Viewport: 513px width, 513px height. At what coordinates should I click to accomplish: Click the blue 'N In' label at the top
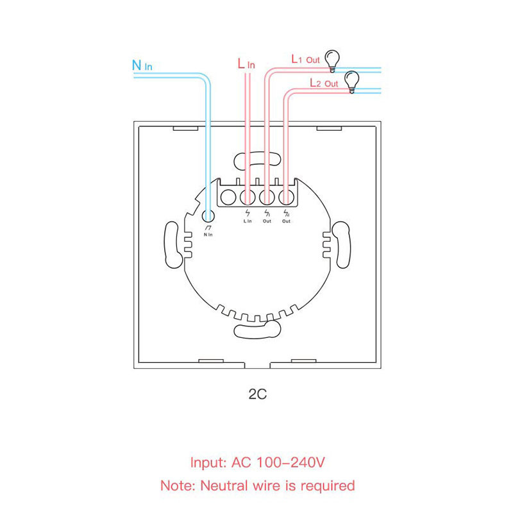(x=142, y=65)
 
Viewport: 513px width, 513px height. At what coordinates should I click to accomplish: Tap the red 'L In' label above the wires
(x=246, y=63)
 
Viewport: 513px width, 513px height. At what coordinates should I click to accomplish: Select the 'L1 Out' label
(x=305, y=59)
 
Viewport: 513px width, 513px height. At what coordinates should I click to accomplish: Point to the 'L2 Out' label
(x=324, y=83)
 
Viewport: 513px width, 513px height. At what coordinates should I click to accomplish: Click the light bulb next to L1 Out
(x=332, y=61)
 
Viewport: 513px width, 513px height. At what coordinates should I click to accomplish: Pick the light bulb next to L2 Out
(x=351, y=82)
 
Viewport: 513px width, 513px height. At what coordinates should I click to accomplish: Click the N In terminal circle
(x=208, y=216)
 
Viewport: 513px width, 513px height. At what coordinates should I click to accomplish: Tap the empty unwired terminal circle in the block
(x=228, y=198)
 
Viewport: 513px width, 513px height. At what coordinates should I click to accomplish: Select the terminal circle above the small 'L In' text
(x=248, y=198)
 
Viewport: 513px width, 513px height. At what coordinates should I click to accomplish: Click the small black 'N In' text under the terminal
(x=208, y=235)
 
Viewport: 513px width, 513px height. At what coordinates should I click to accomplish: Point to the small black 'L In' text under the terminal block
(x=248, y=221)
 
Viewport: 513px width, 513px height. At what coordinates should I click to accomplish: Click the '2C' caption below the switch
(x=258, y=394)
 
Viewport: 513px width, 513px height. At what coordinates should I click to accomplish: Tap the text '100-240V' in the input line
(x=290, y=462)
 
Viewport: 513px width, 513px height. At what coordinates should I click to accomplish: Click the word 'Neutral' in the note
(x=224, y=485)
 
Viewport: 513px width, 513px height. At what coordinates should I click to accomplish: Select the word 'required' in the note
(x=328, y=486)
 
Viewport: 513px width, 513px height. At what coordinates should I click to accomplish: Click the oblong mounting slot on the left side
(x=172, y=245)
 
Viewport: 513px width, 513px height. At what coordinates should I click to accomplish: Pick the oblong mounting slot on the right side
(x=342, y=245)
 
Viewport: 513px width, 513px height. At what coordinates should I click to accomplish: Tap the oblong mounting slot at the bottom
(x=257, y=329)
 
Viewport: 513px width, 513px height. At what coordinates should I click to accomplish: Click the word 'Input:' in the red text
(x=208, y=463)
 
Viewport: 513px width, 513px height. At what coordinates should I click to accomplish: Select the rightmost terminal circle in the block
(x=286, y=198)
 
